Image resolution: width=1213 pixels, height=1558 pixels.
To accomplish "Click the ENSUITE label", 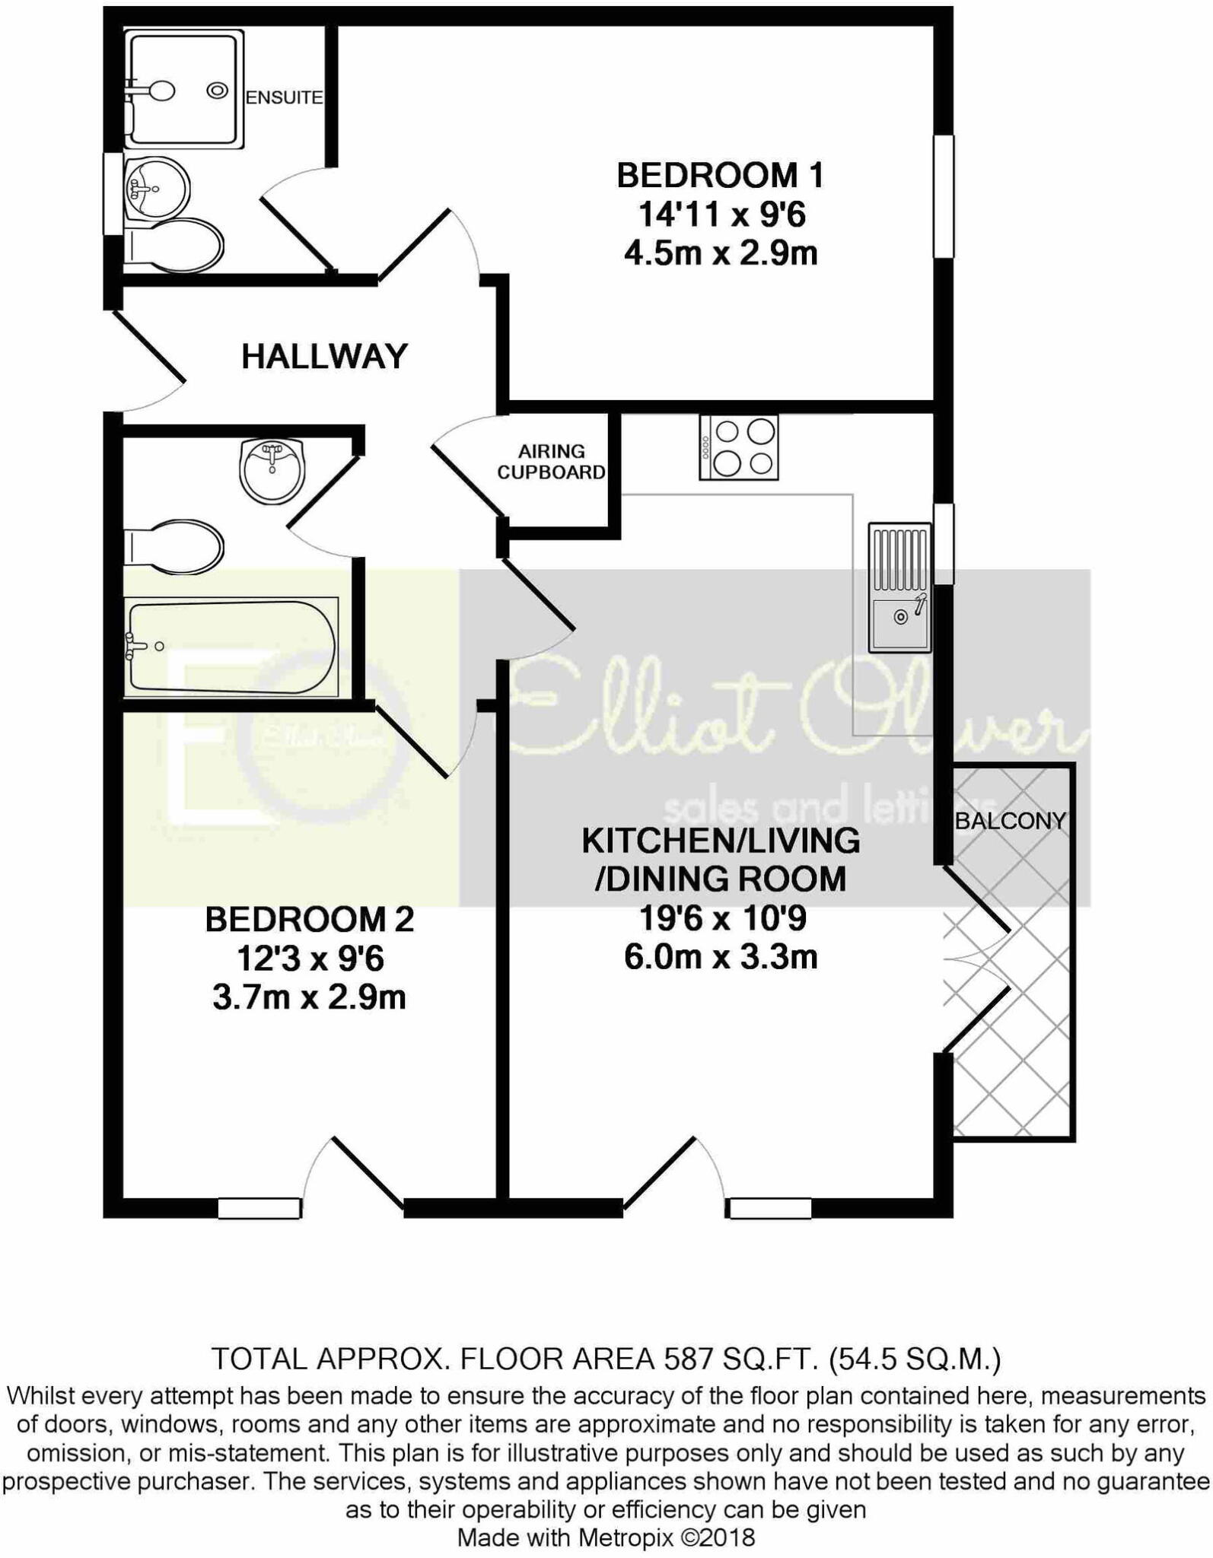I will [284, 97].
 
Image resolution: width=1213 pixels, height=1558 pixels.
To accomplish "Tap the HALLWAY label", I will [325, 356].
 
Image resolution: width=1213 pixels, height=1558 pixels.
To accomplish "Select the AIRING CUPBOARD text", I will [551, 462].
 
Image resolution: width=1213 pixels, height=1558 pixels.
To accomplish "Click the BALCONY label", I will [1010, 821].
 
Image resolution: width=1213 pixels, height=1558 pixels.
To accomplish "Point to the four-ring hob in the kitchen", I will [739, 447].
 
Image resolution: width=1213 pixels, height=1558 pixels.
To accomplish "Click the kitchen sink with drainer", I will [900, 587].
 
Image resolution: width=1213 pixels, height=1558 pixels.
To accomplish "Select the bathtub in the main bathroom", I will [231, 647].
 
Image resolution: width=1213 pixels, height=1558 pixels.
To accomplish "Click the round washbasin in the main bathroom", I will [272, 471].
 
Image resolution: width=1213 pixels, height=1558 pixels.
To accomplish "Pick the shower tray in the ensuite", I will [184, 90].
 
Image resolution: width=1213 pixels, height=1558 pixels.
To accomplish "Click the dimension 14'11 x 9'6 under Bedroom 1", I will [721, 215].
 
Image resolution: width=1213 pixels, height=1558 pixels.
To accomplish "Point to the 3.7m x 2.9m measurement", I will [309, 997].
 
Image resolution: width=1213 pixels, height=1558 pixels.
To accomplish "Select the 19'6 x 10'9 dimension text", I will [721, 918].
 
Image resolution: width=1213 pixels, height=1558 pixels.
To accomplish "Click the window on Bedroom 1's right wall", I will [944, 196].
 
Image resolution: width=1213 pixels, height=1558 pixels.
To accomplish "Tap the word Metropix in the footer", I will [626, 1537].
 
